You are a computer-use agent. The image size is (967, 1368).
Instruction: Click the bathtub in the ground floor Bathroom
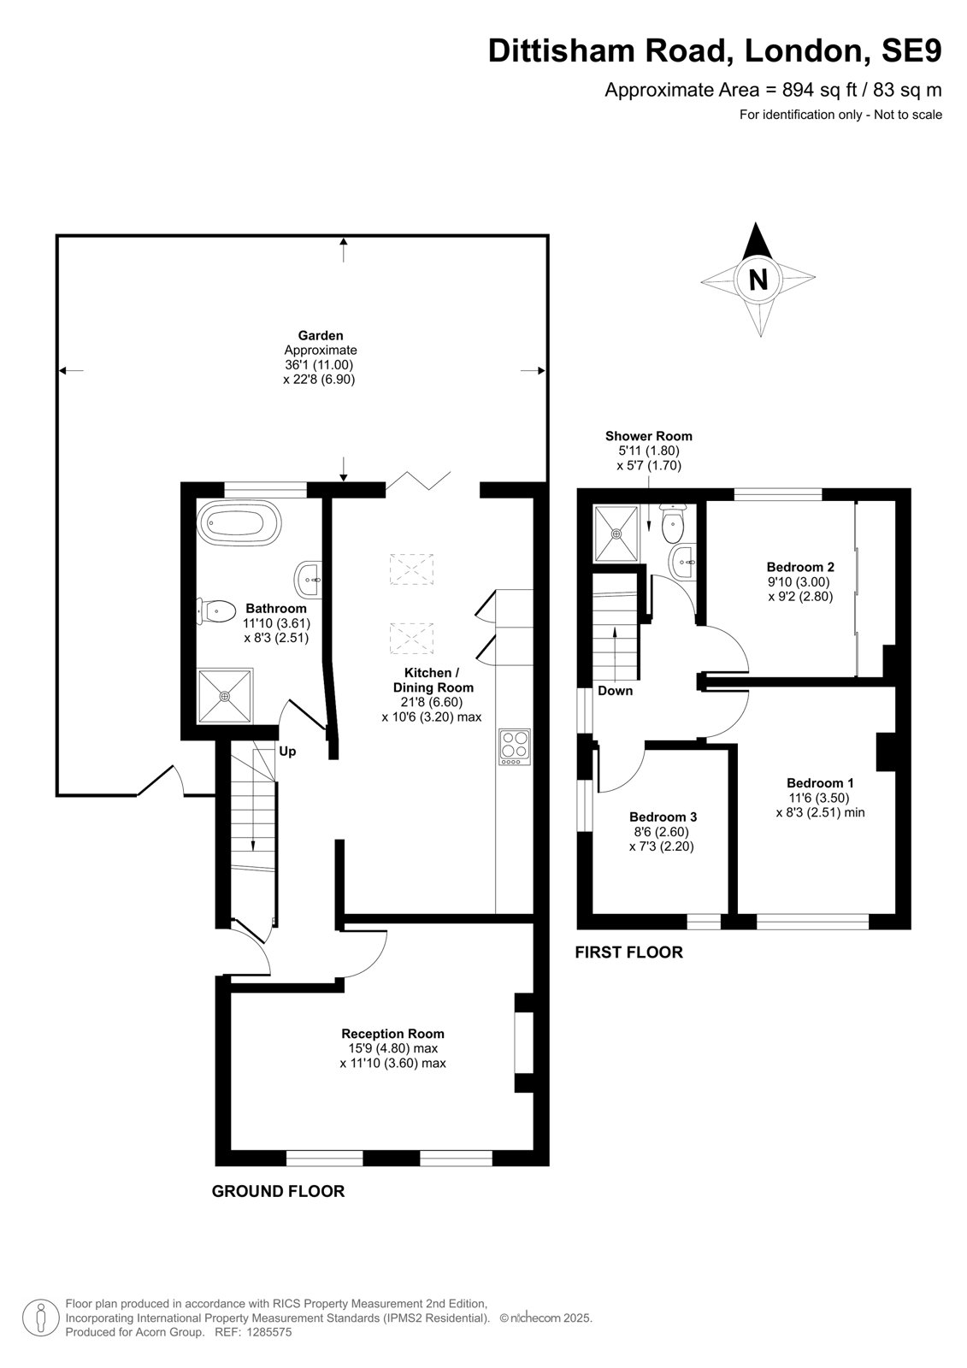(x=239, y=523)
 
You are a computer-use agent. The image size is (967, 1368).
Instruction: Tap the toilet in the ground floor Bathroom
(x=216, y=610)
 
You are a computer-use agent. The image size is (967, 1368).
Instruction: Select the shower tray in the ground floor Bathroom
(x=225, y=696)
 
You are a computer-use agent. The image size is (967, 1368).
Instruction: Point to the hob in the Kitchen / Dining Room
(x=515, y=746)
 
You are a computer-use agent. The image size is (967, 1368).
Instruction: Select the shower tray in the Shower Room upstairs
(x=617, y=534)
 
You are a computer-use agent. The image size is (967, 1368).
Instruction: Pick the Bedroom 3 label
(x=663, y=817)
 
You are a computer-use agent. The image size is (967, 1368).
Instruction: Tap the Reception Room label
(x=392, y=1034)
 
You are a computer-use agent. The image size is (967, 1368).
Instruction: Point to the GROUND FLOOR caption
(x=278, y=1191)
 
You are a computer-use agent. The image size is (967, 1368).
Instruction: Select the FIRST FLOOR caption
(x=628, y=952)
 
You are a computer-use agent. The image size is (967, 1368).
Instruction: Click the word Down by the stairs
(x=615, y=691)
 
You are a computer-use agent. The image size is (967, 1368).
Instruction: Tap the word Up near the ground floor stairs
(x=287, y=752)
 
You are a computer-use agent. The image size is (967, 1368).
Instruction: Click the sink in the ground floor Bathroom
(x=308, y=580)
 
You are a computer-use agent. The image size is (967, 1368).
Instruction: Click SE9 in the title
(x=911, y=50)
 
